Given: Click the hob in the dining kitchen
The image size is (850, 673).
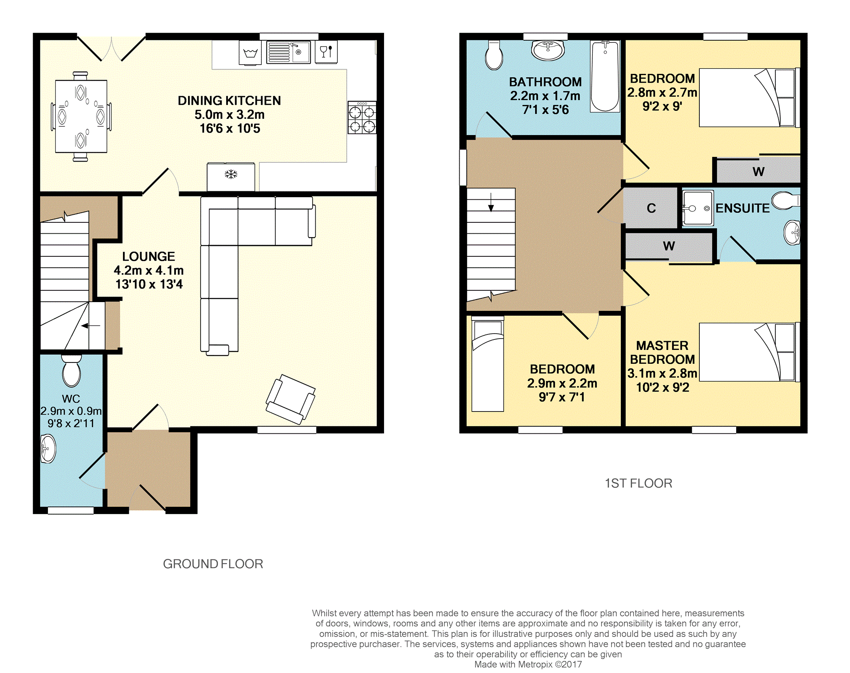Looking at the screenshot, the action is (362, 117).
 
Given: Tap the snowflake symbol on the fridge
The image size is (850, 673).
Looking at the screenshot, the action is (231, 174).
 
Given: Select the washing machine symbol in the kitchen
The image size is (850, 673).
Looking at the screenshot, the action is (250, 53).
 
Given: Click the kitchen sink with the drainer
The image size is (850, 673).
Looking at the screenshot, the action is (288, 52).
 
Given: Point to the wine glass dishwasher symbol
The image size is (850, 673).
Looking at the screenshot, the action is (326, 52).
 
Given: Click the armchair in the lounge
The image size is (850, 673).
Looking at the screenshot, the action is (290, 399).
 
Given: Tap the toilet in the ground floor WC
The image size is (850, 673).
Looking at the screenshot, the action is (71, 370).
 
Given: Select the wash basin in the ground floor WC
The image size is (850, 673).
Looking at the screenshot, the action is (48, 448).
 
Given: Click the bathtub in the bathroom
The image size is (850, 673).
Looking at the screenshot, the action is (605, 76).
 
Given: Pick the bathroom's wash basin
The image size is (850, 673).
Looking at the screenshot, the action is (547, 50).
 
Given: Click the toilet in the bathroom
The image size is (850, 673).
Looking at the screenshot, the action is (494, 55).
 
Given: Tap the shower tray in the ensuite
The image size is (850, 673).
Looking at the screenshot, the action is (697, 208).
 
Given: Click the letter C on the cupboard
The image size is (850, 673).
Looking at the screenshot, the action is (651, 208).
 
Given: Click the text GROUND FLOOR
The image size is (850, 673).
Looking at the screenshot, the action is (213, 564).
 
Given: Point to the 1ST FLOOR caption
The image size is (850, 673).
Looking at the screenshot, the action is (638, 483).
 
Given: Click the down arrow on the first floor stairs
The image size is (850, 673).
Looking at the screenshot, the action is (491, 202).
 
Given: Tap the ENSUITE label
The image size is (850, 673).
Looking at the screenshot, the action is (743, 208).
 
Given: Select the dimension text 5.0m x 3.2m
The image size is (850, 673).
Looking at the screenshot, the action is (230, 115).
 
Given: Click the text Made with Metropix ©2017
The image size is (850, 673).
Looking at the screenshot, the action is (528, 665).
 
